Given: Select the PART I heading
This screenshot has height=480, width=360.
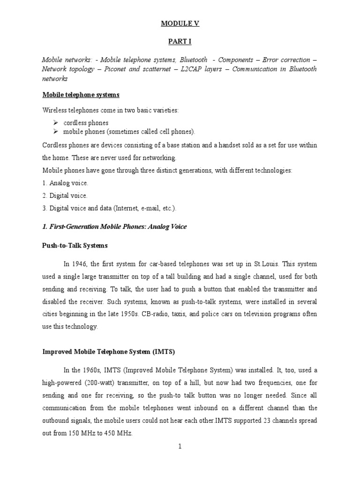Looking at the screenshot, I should [x=180, y=42].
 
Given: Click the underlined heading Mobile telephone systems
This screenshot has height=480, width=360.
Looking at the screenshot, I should [x=81, y=95].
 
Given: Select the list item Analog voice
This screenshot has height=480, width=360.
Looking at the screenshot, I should [x=65, y=183].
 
